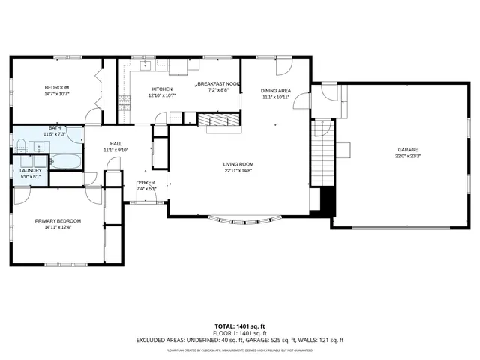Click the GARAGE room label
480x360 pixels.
(x=407, y=150)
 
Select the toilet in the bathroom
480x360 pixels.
(x=73, y=134)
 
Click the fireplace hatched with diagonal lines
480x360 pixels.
(x=219, y=120)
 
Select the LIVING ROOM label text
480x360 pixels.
(x=238, y=164)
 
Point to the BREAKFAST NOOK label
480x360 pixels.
(x=218, y=84)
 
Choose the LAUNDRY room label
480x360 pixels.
(x=30, y=170)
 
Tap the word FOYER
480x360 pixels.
(x=146, y=183)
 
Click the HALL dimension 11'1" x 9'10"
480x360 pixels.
(x=116, y=150)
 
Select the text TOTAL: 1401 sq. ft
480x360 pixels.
(x=239, y=325)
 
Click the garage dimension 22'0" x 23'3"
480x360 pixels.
(x=407, y=157)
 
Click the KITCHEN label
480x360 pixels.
(x=162, y=88)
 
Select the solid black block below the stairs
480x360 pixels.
(x=325, y=200)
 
